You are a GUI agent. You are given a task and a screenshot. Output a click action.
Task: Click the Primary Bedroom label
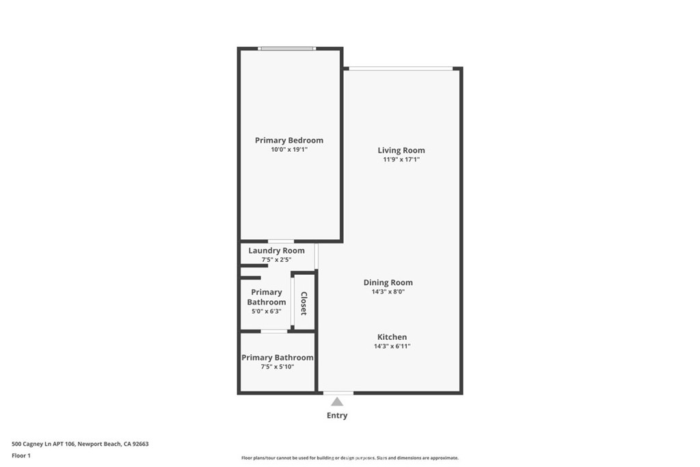289,140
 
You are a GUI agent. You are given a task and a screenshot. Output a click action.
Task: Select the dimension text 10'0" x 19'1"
289,150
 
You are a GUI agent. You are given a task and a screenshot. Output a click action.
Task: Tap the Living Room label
401,150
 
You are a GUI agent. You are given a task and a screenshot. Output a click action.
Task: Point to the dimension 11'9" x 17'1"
401,160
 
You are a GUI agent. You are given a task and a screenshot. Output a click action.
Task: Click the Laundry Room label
276,251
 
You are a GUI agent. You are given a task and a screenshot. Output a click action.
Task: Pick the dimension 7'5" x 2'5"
276,260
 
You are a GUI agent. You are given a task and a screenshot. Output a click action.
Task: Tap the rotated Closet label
304,303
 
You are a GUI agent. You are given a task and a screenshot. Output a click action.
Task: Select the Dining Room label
388,282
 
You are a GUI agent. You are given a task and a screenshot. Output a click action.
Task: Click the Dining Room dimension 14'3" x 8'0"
388,292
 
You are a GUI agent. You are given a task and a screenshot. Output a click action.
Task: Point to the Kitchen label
392,337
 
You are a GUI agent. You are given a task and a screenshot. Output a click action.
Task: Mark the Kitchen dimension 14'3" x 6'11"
392,347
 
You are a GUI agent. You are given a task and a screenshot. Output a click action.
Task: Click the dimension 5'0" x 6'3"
266,311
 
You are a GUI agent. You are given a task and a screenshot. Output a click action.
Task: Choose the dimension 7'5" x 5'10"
277,367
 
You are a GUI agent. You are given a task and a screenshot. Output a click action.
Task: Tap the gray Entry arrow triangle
337,402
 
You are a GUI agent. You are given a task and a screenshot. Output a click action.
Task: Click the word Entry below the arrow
337,416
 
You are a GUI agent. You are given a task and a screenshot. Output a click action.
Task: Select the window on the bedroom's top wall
287,49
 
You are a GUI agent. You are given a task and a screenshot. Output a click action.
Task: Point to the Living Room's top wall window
401,68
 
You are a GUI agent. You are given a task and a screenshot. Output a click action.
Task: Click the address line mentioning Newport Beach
80,444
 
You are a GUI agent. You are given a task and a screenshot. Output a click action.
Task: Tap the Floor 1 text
21,455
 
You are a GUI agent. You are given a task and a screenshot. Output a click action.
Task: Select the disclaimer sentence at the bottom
349,458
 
